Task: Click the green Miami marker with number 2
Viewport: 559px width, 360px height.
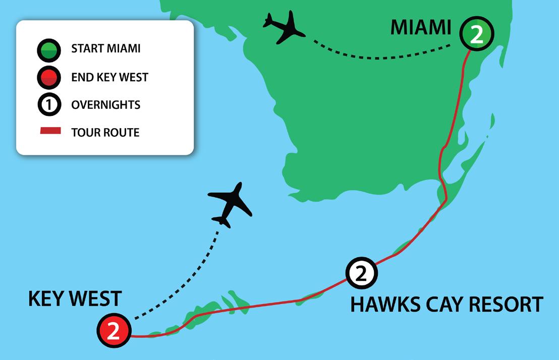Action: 476,34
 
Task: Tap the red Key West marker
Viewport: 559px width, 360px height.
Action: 114,331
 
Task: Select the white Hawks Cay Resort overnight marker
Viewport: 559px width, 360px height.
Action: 361,273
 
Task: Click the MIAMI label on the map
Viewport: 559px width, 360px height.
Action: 421,27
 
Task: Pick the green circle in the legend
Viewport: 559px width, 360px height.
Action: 48,50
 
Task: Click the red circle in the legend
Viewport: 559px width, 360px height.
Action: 48,78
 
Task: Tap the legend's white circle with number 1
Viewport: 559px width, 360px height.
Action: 48,105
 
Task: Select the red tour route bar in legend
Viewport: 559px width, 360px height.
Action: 50,132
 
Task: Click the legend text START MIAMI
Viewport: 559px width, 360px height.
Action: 106,49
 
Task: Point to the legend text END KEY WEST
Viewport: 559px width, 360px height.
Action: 110,78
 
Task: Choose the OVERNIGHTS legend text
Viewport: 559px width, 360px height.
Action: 106,105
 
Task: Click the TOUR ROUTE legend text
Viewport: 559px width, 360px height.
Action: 105,133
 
